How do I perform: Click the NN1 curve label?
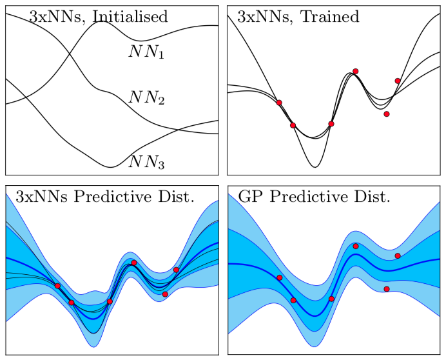pos(147,52)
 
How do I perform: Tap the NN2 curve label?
pos(147,98)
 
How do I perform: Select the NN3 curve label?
pos(147,161)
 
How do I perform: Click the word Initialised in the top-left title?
pos(130,17)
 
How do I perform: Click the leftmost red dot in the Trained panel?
pos(279,103)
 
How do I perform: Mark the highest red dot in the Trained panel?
pos(355,71)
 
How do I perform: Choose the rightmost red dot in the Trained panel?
pos(398,81)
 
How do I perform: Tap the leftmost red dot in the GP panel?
pos(279,277)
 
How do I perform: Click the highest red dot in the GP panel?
pos(356,246)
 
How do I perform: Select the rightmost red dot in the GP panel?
pos(398,256)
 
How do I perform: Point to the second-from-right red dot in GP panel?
pos(387,289)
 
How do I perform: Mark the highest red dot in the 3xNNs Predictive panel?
pos(134,263)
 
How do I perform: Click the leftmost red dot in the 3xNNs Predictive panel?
pos(57,285)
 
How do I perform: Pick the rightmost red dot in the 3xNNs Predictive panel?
pos(176,270)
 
